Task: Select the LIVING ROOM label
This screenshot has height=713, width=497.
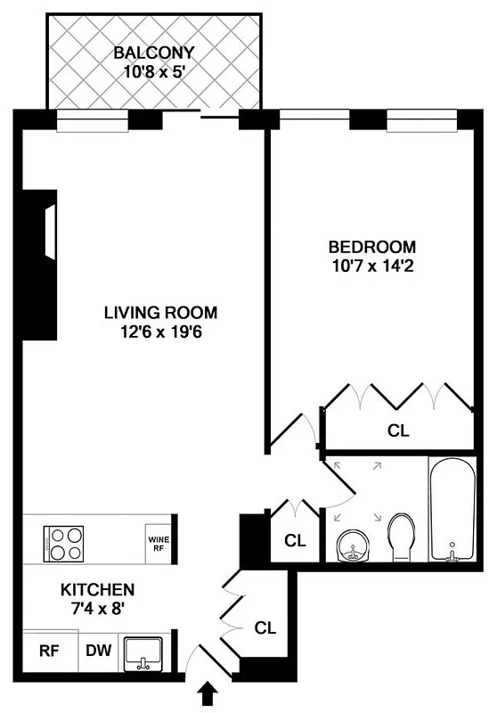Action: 160,313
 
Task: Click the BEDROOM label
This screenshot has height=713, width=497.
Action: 372,247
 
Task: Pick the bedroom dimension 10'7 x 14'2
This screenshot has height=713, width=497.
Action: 372,266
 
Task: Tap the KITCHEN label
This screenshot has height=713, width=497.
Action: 97,590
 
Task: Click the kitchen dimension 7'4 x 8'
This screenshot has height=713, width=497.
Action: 97,609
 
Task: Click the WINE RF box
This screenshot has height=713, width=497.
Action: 158,543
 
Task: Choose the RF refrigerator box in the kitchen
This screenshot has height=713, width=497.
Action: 48,651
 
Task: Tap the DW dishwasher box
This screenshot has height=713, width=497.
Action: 99,651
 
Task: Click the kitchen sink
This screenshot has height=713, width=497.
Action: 143,653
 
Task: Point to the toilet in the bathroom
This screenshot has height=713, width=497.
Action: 402,537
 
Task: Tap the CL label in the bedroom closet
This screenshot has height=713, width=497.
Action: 398,430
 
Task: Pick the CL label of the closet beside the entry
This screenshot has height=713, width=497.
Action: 265,627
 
